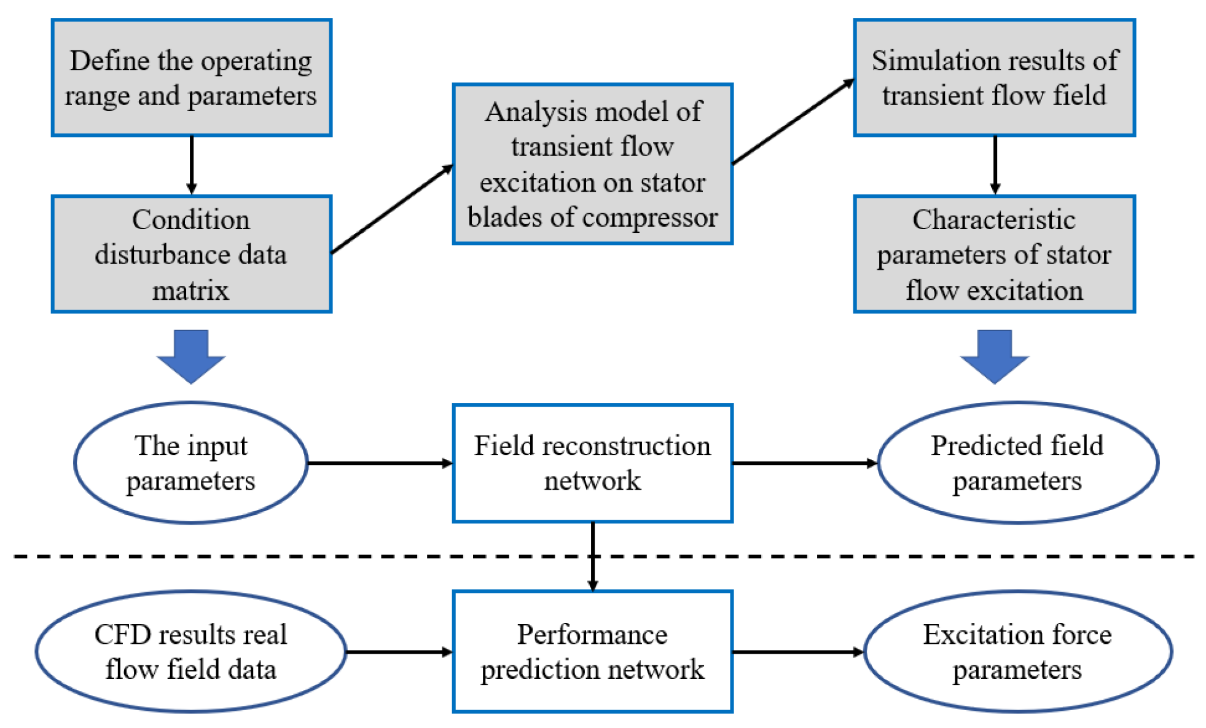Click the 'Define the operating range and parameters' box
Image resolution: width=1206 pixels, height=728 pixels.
click(191, 77)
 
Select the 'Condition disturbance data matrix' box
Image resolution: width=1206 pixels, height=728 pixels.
click(191, 254)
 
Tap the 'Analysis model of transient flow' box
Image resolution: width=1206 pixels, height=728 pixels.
click(592, 163)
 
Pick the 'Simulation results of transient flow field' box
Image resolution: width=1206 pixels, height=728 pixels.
click(993, 77)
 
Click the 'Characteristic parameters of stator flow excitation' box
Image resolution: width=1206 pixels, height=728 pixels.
click(993, 254)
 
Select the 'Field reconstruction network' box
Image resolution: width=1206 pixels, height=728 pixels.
click(592, 463)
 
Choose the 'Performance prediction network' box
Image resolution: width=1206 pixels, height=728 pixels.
click(592, 651)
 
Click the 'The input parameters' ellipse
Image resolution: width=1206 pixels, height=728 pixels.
click(191, 463)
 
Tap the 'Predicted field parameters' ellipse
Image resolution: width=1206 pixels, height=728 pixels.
click(1017, 463)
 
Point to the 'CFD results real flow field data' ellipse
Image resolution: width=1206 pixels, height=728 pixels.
click(191, 651)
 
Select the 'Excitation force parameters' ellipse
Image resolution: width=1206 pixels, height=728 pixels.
click(1017, 651)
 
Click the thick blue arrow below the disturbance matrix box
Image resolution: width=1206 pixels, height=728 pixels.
click(191, 356)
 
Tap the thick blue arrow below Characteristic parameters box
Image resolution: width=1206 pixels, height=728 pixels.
click(994, 356)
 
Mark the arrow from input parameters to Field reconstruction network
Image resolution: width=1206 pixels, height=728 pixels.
click(380, 463)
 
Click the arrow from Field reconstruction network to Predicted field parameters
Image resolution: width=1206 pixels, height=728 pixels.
click(805, 463)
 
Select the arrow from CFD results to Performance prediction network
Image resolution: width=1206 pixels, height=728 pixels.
click(399, 652)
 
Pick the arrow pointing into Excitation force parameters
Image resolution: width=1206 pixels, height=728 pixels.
click(799, 652)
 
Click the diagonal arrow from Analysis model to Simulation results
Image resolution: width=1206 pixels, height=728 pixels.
click(793, 122)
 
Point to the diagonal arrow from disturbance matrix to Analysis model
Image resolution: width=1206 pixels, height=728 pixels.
click(392, 209)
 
